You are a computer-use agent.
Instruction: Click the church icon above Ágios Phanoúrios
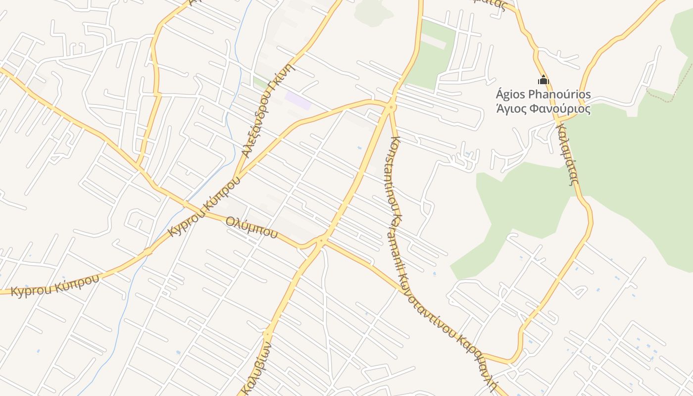tap(544, 80)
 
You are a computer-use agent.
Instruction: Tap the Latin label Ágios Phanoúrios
tap(543, 94)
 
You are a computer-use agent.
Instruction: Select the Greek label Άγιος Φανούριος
tap(543, 108)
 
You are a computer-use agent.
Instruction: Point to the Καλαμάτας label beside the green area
tap(567, 154)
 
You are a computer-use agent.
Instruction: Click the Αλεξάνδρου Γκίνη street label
tap(268, 111)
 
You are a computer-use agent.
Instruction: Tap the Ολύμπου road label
tap(251, 227)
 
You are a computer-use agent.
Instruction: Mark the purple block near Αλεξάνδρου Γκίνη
tap(298, 100)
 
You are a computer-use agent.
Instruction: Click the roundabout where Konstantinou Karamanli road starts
tap(391, 106)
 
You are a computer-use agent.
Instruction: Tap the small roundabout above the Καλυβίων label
tap(267, 334)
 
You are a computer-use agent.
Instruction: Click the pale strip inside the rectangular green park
tap(433, 43)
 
